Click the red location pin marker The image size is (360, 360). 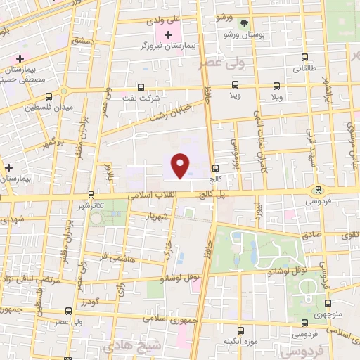tap(181, 165)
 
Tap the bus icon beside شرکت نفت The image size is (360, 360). tap(141, 88)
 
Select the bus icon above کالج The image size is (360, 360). tap(214, 167)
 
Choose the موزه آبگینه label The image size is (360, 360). tap(240, 342)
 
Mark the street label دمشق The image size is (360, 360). tap(84, 41)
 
